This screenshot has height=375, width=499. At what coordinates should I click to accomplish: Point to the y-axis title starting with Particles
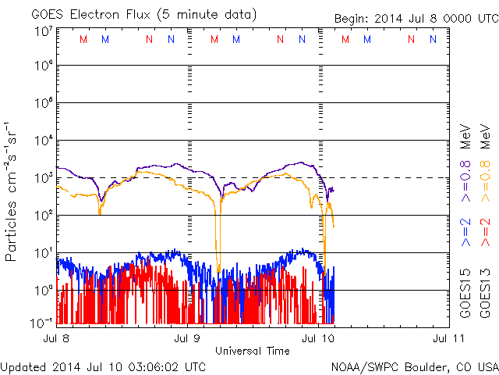click(x=13, y=191)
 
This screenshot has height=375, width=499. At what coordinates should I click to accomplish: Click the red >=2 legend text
click(x=484, y=232)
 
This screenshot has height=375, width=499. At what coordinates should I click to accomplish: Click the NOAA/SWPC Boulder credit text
click(x=414, y=366)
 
